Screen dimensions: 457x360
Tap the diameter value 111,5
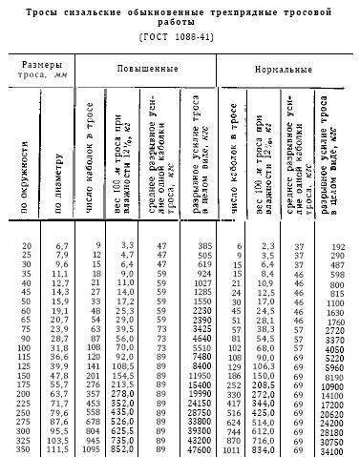coord(58,450)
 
